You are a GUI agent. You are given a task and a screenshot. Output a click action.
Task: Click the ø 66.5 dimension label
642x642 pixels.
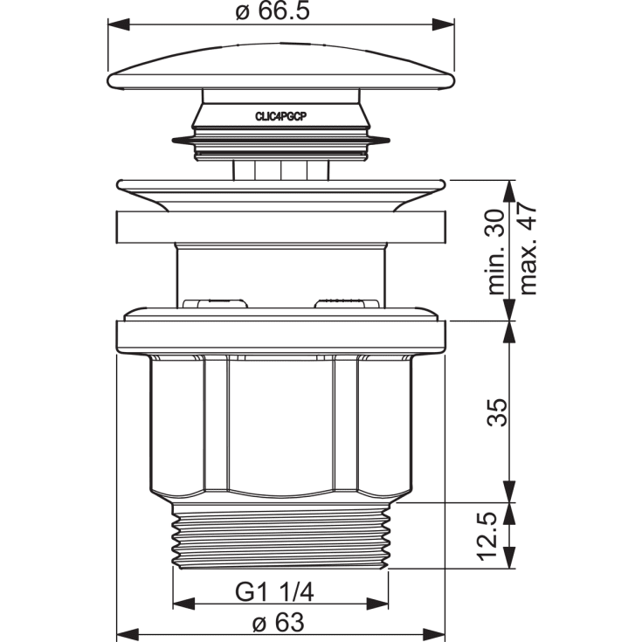[x=273, y=11]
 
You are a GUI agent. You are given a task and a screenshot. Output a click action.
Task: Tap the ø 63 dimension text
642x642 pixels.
[x=279, y=623]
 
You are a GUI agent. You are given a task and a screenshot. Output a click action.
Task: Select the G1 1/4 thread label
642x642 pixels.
[x=274, y=592]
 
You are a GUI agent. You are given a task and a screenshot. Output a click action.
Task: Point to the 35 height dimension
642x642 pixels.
[x=498, y=412]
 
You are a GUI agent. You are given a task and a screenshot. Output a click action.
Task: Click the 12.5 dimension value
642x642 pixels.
[x=487, y=536]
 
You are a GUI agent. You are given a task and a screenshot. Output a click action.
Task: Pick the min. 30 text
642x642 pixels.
[x=498, y=252]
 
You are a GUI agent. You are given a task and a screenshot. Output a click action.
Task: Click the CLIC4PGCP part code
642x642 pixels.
[x=281, y=117]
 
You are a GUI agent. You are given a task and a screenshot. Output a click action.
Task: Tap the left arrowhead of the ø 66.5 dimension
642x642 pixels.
[x=119, y=24]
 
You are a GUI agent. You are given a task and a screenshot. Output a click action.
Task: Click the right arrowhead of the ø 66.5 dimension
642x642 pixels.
[x=443, y=24]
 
